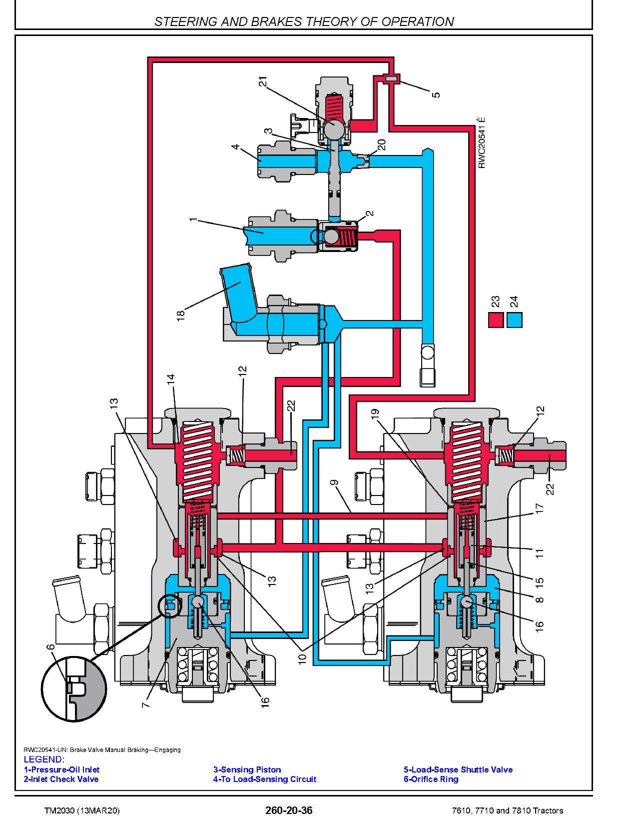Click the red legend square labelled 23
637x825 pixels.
coord(496,320)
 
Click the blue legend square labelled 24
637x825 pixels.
coord(515,320)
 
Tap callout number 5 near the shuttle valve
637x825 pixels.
coord(436,93)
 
